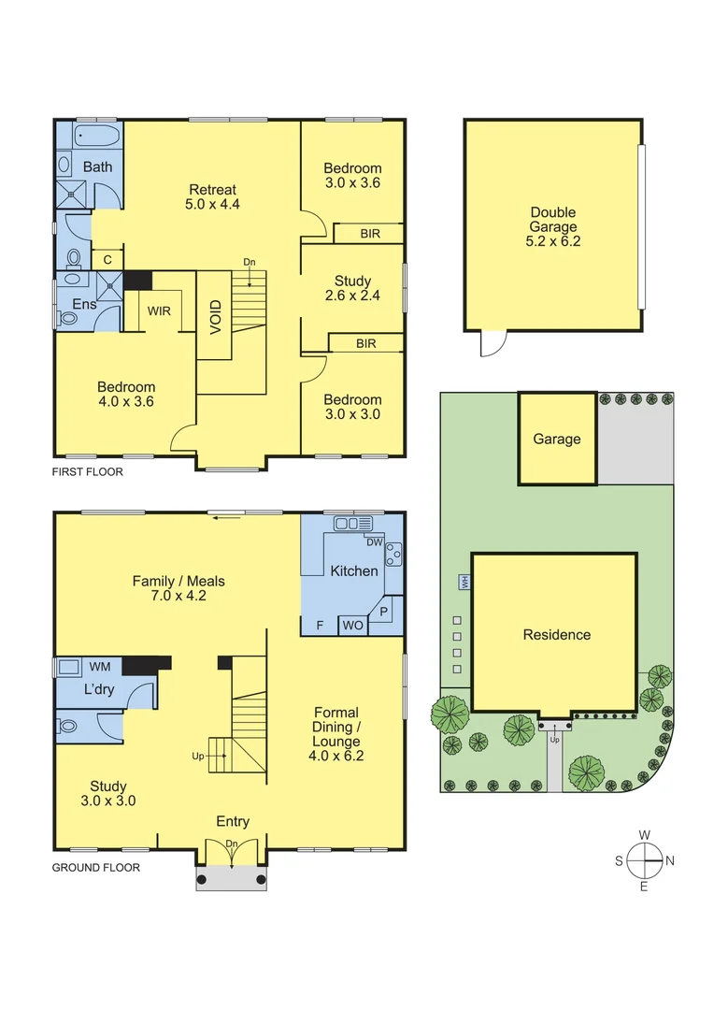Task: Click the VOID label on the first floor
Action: tap(215, 316)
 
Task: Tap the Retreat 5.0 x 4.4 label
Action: tap(213, 196)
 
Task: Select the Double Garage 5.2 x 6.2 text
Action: tap(552, 226)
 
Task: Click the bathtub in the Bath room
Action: tap(96, 137)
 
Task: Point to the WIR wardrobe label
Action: tap(159, 310)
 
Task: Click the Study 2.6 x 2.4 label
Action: tap(352, 288)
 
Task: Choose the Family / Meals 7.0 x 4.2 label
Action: tap(178, 588)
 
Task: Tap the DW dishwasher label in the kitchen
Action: tap(374, 542)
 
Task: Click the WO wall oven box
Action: tap(352, 625)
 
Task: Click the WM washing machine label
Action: tap(100, 666)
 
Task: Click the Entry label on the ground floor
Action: tap(233, 821)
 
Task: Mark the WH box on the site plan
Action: tap(464, 583)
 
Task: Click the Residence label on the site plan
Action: tap(556, 634)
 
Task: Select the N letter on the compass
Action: tap(670, 860)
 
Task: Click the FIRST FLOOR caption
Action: tap(87, 472)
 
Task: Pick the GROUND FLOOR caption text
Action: tap(95, 867)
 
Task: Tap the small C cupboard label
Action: tap(107, 259)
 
